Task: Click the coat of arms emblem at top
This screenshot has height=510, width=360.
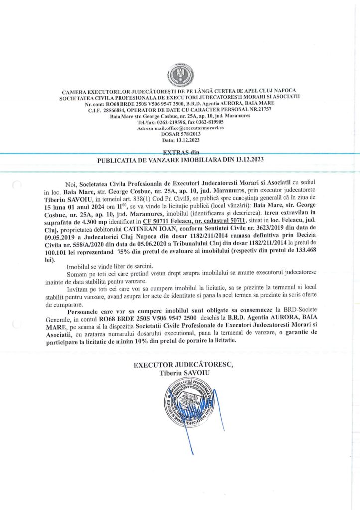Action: pyautogui.click(x=180, y=75)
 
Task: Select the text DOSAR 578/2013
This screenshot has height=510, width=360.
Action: pyautogui.click(x=180, y=134)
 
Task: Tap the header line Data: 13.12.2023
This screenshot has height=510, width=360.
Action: pyautogui.click(x=180, y=140)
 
